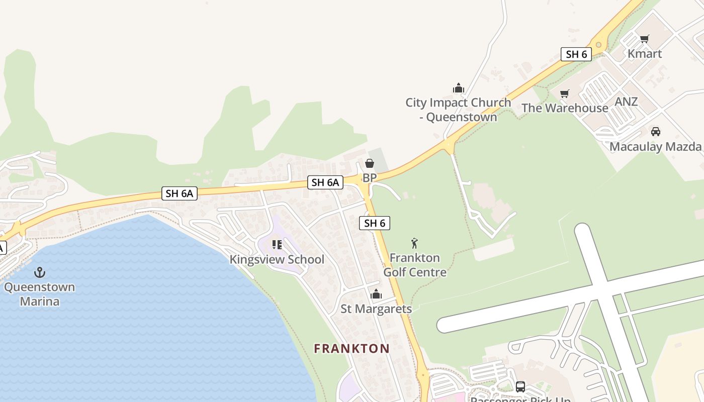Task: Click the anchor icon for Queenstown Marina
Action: click(x=40, y=272)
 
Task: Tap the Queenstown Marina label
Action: click(x=40, y=294)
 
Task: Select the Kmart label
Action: click(x=645, y=54)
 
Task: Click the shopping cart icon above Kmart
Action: click(x=645, y=39)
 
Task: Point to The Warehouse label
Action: click(x=565, y=108)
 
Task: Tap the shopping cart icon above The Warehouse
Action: click(x=565, y=93)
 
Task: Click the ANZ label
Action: click(x=626, y=102)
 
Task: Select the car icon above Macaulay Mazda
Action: click(x=655, y=132)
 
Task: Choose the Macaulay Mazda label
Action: click(x=655, y=147)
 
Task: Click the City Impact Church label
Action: click(x=458, y=110)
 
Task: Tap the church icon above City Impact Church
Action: click(x=458, y=88)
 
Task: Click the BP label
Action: click(x=370, y=178)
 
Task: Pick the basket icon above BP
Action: click(x=370, y=163)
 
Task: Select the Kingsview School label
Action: click(x=277, y=259)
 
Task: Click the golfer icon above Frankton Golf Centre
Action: click(x=414, y=243)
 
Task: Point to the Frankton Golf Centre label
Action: click(x=415, y=265)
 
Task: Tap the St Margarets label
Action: click(x=376, y=309)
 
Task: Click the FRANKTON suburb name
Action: click(x=352, y=348)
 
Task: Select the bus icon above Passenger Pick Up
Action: click(x=520, y=387)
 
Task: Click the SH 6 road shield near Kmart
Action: click(x=576, y=54)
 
